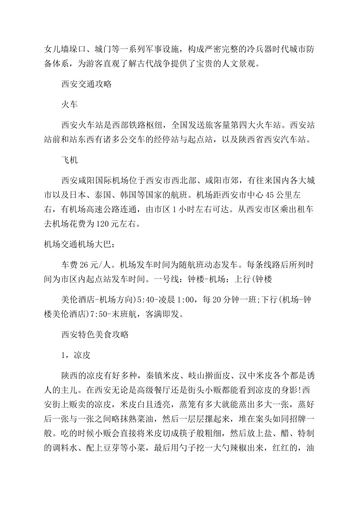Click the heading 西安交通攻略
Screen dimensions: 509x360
click(86, 84)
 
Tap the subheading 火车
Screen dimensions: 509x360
click(69, 105)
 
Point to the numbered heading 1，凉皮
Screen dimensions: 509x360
click(75, 355)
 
